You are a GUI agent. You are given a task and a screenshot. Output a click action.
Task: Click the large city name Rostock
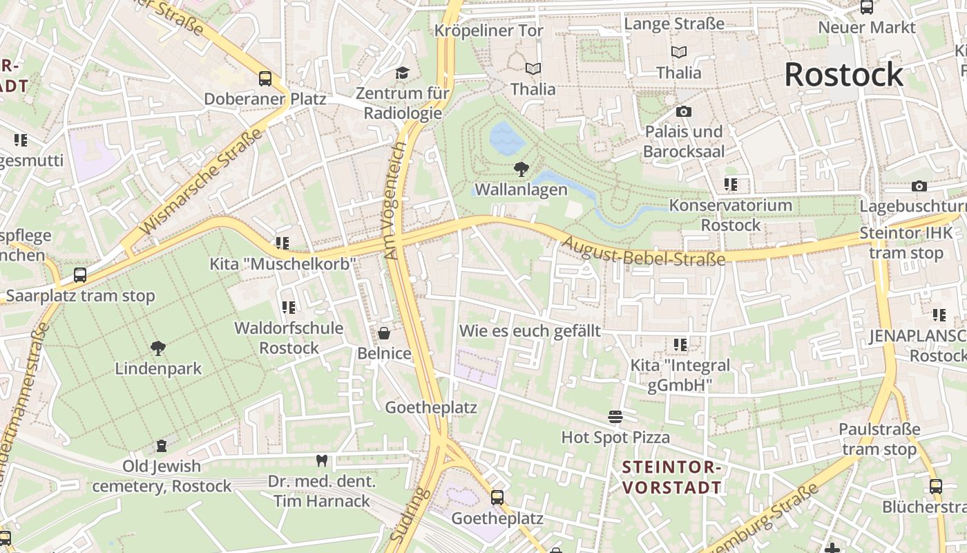(x=843, y=75)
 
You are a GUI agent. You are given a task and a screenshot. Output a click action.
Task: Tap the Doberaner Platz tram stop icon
(x=265, y=78)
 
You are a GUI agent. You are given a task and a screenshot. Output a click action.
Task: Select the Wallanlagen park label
(x=521, y=189)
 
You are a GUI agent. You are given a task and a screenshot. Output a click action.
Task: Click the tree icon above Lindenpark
(x=158, y=348)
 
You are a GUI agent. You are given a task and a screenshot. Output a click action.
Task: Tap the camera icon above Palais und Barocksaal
(x=684, y=111)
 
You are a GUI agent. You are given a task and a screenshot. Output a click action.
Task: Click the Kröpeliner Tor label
(x=489, y=30)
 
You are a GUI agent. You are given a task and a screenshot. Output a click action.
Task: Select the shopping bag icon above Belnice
(x=384, y=334)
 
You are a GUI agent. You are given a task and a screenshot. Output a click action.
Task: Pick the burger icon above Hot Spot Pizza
(x=615, y=417)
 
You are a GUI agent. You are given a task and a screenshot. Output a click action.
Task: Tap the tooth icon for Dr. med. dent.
(x=321, y=460)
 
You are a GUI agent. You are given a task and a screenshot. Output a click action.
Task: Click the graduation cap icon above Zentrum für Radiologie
(x=402, y=73)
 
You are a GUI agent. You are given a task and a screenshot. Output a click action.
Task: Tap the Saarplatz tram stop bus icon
(x=80, y=275)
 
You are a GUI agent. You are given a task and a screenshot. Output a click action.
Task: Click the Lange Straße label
(x=674, y=24)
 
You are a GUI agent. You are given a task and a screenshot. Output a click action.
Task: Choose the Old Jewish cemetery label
(x=162, y=476)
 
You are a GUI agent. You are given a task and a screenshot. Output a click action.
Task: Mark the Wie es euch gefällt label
(x=530, y=330)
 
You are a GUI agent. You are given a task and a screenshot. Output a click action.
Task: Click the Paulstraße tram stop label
(x=878, y=439)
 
